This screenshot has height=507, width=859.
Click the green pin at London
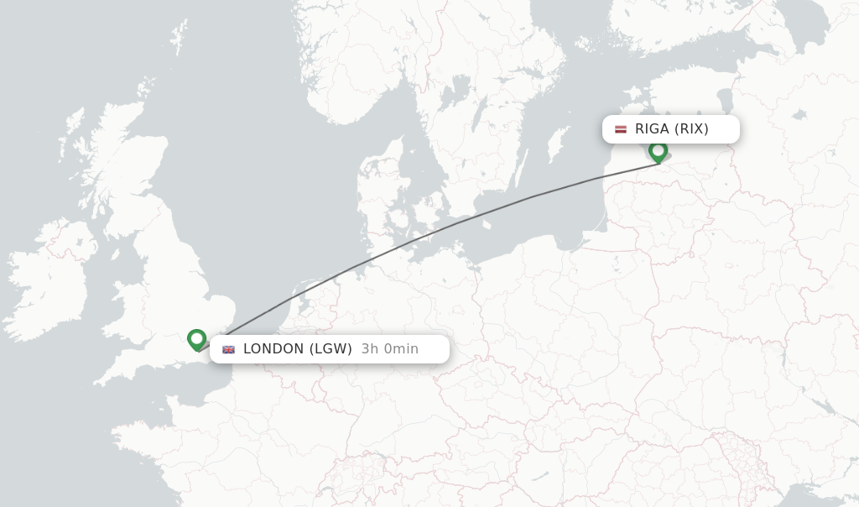click(x=197, y=338)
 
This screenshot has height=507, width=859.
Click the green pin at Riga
click(x=659, y=151)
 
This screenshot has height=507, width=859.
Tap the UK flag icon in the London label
click(x=228, y=349)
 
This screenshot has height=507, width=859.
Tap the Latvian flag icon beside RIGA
click(x=621, y=129)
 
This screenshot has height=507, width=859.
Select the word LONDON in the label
click(x=273, y=349)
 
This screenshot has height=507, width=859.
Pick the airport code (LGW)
click(x=331, y=349)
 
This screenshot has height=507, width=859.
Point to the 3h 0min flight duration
click(x=389, y=349)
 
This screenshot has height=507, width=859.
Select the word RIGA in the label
click(x=652, y=129)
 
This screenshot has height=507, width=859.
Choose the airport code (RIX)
click(x=691, y=129)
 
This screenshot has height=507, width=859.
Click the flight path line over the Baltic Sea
click(x=537, y=196)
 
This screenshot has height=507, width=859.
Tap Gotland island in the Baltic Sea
click(x=557, y=143)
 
